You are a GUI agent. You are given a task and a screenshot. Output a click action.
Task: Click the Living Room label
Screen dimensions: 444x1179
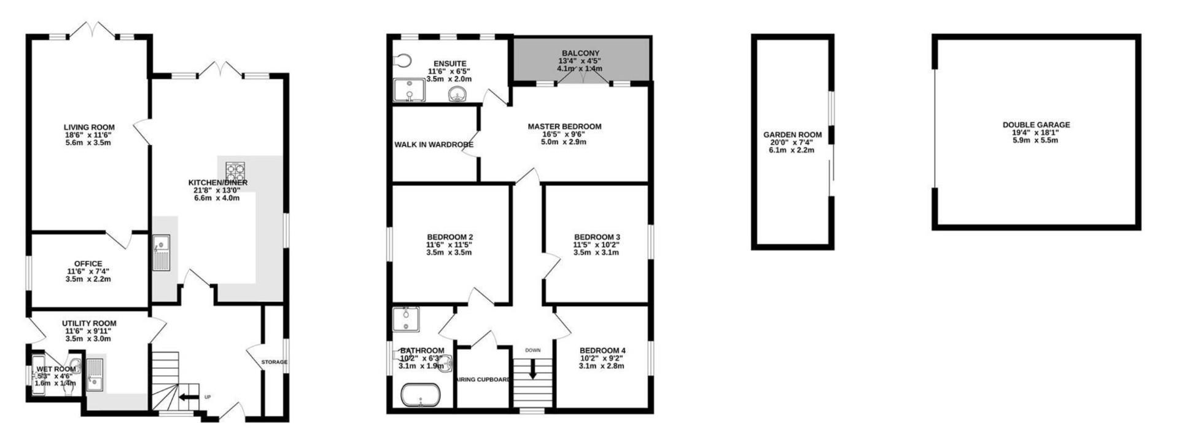click(90, 127)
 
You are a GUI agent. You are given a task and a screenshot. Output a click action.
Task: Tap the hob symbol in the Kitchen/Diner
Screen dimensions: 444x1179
click(235, 170)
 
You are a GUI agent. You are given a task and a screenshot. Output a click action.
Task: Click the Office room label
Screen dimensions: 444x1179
click(88, 264)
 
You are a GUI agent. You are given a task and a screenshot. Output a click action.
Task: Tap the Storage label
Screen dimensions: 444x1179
click(274, 362)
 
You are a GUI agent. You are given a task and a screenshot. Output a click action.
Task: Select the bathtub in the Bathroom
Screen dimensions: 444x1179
click(421, 395)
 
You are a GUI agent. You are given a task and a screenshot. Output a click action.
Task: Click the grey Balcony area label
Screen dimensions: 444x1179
click(580, 54)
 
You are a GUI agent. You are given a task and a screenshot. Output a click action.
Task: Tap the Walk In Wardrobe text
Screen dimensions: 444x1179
click(434, 145)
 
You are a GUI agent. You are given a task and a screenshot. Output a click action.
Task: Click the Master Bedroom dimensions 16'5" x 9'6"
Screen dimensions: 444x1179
click(564, 134)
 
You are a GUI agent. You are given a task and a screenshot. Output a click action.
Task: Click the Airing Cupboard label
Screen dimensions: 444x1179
click(483, 380)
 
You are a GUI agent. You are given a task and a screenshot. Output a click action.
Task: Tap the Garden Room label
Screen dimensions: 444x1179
click(792, 135)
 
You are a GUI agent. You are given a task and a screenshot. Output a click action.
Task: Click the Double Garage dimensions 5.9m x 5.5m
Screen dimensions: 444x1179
click(1036, 140)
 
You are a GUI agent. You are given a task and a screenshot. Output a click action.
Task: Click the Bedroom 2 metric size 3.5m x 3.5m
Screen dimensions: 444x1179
click(449, 252)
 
